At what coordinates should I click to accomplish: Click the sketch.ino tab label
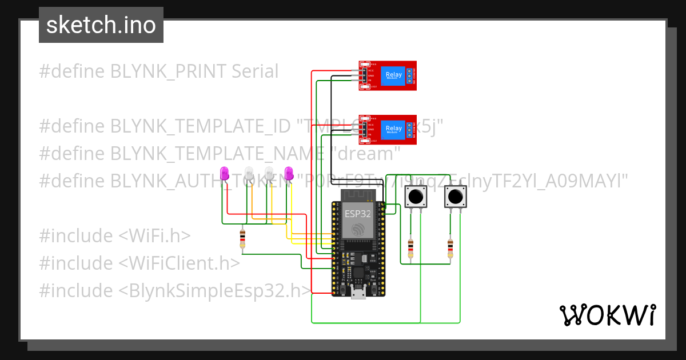(101, 25)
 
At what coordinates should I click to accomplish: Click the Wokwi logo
(607, 315)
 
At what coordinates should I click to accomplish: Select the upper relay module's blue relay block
(393, 75)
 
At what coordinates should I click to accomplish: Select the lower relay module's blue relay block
(393, 129)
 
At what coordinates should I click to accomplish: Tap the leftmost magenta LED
(225, 173)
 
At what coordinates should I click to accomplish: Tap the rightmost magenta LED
(289, 173)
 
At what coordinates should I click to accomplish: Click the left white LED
(249, 173)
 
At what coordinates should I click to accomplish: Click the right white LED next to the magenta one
(269, 173)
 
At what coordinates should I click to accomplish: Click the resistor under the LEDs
(243, 238)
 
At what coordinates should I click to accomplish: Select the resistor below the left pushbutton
(410, 249)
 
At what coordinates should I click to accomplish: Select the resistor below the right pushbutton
(450, 249)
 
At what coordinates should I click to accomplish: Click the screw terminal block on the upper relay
(410, 75)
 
